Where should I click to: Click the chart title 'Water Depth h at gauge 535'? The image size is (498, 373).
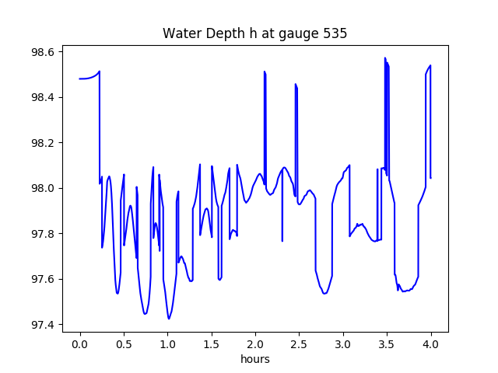point(254,33)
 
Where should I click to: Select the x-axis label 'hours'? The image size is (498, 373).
point(255,359)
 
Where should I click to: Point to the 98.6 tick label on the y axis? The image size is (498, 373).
point(43,52)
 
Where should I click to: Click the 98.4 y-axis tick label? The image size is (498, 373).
point(43,97)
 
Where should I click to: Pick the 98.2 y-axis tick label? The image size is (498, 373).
point(43,143)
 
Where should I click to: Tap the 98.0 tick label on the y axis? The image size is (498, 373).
point(43,188)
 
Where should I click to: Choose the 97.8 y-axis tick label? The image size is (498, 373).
point(43,234)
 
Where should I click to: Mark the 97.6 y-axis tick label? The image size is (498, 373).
point(43,279)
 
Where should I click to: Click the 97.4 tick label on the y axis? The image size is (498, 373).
point(43,325)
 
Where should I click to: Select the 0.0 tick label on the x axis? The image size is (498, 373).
point(80,344)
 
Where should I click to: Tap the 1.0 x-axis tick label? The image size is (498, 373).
point(168,344)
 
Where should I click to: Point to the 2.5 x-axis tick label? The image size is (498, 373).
point(299,344)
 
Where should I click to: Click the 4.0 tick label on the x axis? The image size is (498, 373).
point(430,344)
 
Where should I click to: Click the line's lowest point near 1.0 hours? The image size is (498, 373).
point(169,319)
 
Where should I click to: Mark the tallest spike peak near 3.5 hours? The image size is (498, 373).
point(385,58)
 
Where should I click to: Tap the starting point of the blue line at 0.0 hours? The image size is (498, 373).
point(79,78)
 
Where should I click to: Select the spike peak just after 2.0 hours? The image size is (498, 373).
point(265,71)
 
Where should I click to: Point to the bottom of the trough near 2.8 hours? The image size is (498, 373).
point(324,294)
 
